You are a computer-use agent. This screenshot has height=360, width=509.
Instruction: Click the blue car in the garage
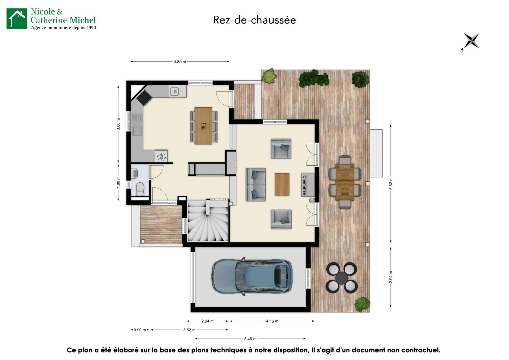[252, 276]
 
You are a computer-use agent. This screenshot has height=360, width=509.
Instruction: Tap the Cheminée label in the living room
[305, 185]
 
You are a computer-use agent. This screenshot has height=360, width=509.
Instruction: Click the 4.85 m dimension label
[180, 62]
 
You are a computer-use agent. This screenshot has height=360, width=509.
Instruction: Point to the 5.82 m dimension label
[391, 183]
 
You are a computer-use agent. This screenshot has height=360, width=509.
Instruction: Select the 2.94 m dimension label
[391, 277]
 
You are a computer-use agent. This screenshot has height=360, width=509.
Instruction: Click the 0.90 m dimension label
[140, 330]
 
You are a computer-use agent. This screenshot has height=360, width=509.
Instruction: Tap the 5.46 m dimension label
[250, 339]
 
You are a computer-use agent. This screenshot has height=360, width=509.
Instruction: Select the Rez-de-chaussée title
[254, 20]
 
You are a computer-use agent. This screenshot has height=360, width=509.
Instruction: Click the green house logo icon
[17, 19]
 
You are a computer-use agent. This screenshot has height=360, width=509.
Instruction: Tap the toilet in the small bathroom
[140, 188]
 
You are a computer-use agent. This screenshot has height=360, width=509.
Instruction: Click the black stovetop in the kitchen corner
[144, 98]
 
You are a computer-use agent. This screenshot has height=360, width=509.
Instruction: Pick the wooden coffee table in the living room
[282, 185]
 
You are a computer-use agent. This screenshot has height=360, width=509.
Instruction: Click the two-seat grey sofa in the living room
[255, 185]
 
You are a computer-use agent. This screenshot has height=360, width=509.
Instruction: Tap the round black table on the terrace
[342, 278]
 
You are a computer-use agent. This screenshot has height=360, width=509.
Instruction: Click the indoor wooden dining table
[203, 126]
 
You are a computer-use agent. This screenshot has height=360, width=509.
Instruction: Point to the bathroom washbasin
[134, 174]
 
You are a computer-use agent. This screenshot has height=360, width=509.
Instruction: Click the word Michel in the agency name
[83, 20]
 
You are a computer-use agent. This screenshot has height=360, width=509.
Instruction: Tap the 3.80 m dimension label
[118, 124]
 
